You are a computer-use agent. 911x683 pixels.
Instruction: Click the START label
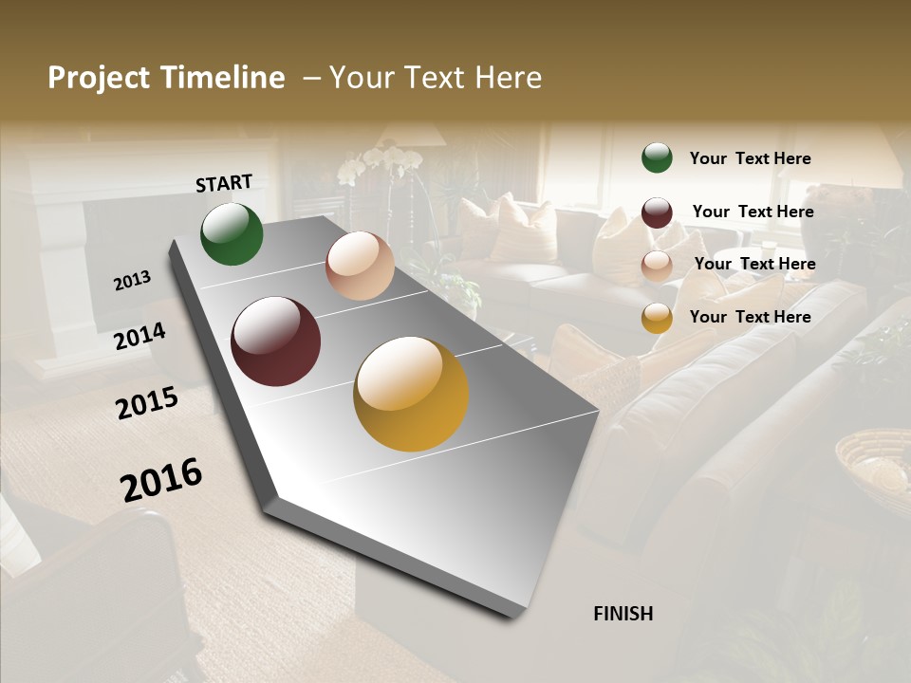click(x=224, y=182)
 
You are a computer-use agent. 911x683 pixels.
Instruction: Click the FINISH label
click(x=623, y=614)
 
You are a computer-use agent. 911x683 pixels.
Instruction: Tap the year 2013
click(x=132, y=281)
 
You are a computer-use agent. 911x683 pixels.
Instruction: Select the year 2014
click(x=139, y=336)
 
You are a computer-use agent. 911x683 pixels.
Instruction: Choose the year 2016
click(x=161, y=479)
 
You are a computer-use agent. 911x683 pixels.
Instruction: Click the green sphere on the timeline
click(x=232, y=233)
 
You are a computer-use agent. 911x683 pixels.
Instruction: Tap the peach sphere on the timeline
click(x=360, y=266)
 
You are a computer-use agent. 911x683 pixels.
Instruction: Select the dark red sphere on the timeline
click(x=275, y=341)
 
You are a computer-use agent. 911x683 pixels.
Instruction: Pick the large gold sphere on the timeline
click(x=411, y=394)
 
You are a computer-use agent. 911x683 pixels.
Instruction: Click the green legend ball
click(x=657, y=157)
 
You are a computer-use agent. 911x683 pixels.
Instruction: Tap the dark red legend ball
click(x=657, y=212)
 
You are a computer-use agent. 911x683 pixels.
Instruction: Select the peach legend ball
click(x=657, y=266)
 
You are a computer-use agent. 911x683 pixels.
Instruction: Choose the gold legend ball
click(x=657, y=318)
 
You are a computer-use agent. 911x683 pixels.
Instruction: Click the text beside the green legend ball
click(x=750, y=158)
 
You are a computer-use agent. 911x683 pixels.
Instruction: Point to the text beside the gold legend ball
click(x=750, y=317)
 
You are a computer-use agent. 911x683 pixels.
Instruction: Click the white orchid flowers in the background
click(x=380, y=163)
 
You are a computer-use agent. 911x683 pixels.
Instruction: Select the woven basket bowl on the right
click(x=873, y=460)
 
